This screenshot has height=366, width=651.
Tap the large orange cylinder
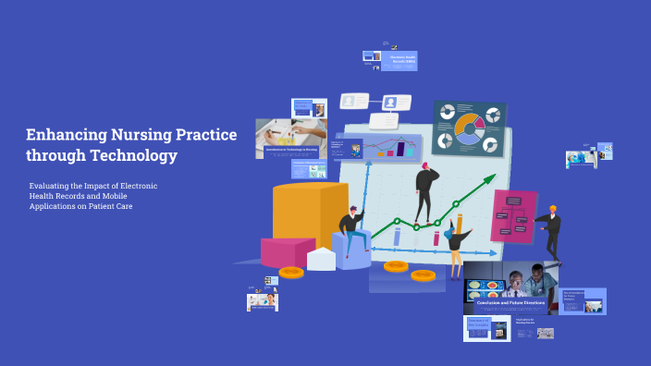310,213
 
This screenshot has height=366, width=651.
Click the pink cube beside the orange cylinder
287,250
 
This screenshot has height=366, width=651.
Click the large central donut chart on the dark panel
469,128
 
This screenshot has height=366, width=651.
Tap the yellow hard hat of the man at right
552,209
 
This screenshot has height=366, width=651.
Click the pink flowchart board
513,216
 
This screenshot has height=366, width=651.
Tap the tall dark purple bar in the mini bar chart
401,148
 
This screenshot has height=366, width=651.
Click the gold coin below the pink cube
291,273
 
